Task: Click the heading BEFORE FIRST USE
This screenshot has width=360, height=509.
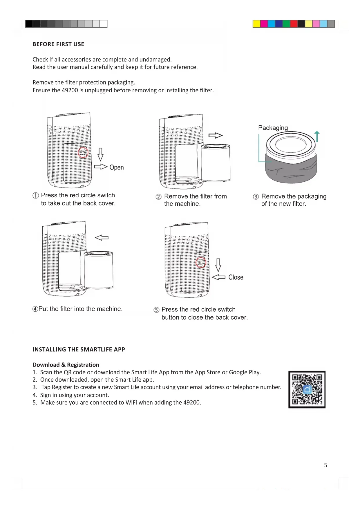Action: (x=58, y=44)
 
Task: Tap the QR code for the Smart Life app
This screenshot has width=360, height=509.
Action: (x=307, y=389)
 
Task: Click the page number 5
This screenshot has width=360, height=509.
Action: (x=325, y=465)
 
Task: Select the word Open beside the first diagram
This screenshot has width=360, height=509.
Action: (x=117, y=167)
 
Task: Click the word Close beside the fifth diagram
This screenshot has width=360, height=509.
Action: (x=236, y=277)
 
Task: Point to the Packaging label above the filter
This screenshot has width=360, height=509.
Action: (x=273, y=128)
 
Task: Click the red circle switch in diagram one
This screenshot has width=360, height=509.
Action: (x=83, y=153)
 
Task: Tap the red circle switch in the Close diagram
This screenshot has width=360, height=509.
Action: (x=201, y=263)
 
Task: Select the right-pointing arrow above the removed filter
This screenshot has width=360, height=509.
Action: (x=215, y=135)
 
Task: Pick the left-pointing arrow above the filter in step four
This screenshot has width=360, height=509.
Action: (x=102, y=238)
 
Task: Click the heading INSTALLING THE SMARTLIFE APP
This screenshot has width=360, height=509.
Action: (x=79, y=349)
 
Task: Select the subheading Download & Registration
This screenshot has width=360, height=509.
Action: (x=66, y=365)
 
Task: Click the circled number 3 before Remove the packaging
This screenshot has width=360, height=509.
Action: (x=256, y=197)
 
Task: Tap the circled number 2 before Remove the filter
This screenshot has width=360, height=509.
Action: (x=158, y=197)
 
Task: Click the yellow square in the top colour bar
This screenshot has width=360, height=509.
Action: (x=256, y=24)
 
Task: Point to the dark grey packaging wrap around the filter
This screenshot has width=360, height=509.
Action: (x=291, y=171)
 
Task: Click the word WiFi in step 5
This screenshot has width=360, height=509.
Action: (x=131, y=402)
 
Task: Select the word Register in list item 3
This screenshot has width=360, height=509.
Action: (x=62, y=387)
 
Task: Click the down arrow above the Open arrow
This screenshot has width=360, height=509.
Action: (x=100, y=154)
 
